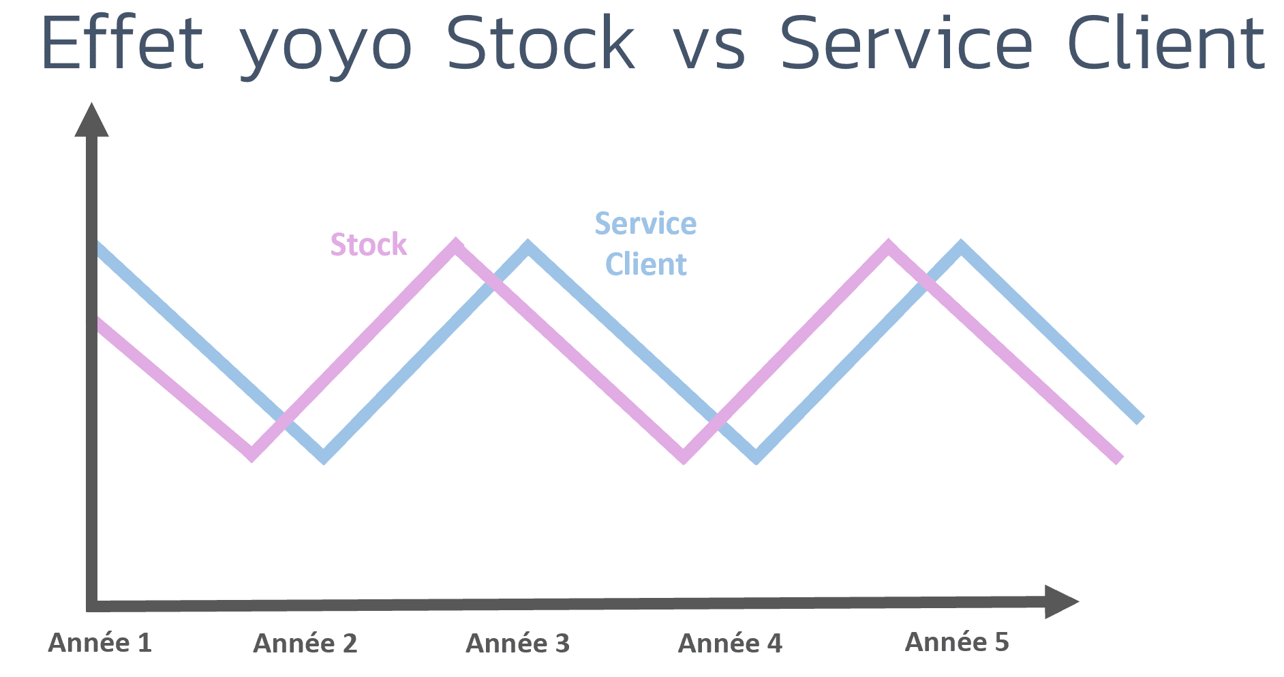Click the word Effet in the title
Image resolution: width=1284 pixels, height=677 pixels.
point(123,42)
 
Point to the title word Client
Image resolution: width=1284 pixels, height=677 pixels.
point(1166,42)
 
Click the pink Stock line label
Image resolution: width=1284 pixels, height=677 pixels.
point(369,245)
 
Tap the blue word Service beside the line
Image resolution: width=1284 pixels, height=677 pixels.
point(645,224)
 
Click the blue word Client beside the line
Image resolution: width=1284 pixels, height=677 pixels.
point(646,265)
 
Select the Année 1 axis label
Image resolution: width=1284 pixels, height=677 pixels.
point(100,643)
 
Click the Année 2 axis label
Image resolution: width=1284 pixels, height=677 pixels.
point(305,644)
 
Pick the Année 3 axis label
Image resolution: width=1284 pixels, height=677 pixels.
point(518,644)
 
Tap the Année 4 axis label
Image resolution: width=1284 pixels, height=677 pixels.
point(730,644)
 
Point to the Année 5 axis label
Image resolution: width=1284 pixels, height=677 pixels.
point(957,642)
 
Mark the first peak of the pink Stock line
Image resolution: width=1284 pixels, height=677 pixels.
point(457,245)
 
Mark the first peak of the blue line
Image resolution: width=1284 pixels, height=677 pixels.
point(528,246)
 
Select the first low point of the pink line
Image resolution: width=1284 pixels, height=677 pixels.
point(252,455)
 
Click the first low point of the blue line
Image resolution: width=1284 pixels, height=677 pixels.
point(324,457)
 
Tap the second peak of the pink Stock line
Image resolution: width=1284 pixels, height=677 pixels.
point(889,245)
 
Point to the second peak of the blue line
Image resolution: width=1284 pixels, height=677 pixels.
point(961,246)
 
